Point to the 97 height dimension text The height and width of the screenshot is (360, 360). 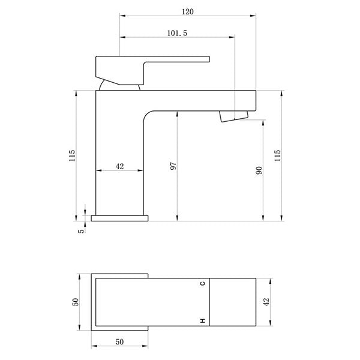(172, 166)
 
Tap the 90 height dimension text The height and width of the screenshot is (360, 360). (259, 170)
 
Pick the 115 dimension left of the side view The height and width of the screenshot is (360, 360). (72, 155)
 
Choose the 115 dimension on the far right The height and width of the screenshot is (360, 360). (277, 155)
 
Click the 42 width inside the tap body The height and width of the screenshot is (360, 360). (119, 166)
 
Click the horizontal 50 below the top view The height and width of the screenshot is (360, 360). (119, 341)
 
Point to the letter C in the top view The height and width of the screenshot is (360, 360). (202, 283)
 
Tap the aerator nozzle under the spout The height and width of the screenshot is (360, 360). (235, 116)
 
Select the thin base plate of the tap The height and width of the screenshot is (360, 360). (119, 217)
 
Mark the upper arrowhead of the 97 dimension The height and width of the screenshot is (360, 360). (177, 115)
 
